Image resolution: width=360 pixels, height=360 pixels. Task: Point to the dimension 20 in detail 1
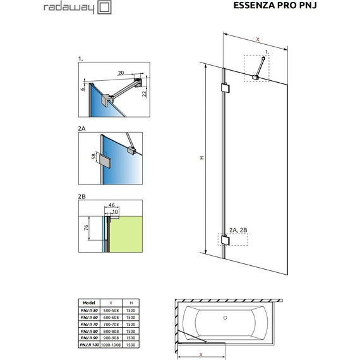click(x=120, y=73)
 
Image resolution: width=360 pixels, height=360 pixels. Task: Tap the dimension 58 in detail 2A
click(x=93, y=156)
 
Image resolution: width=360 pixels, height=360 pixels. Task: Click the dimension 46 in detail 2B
click(x=112, y=206)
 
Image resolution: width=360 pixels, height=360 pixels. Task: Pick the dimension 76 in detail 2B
click(x=86, y=227)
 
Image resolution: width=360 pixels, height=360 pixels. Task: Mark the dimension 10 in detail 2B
click(x=115, y=212)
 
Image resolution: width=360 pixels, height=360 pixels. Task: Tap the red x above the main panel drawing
click(x=258, y=40)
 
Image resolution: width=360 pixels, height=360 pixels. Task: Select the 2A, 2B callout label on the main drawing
click(x=238, y=229)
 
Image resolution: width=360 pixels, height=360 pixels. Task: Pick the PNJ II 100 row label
click(x=87, y=345)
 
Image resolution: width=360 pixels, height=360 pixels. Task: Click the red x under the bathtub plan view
click(x=201, y=355)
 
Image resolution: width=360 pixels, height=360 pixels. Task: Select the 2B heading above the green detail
click(x=81, y=196)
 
